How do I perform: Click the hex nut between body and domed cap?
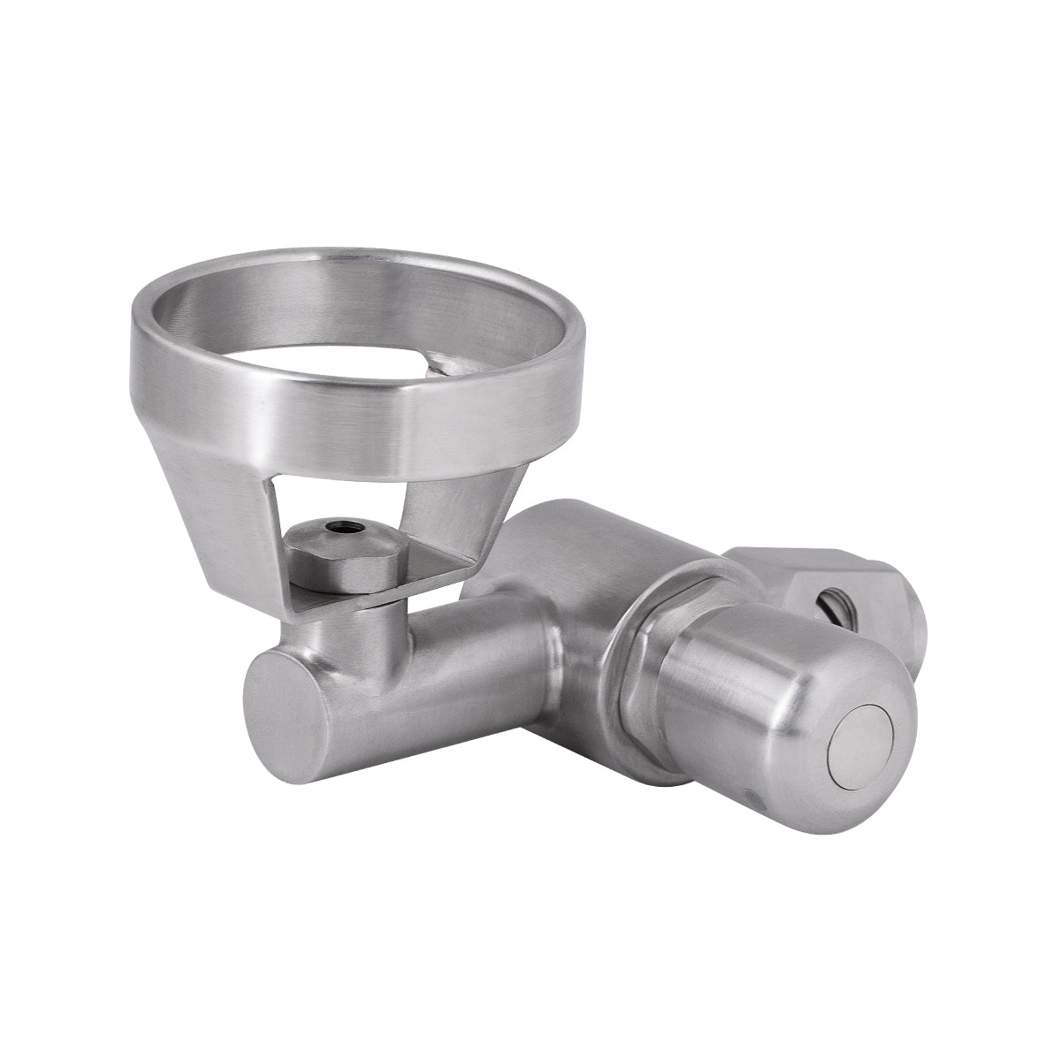(650, 681)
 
